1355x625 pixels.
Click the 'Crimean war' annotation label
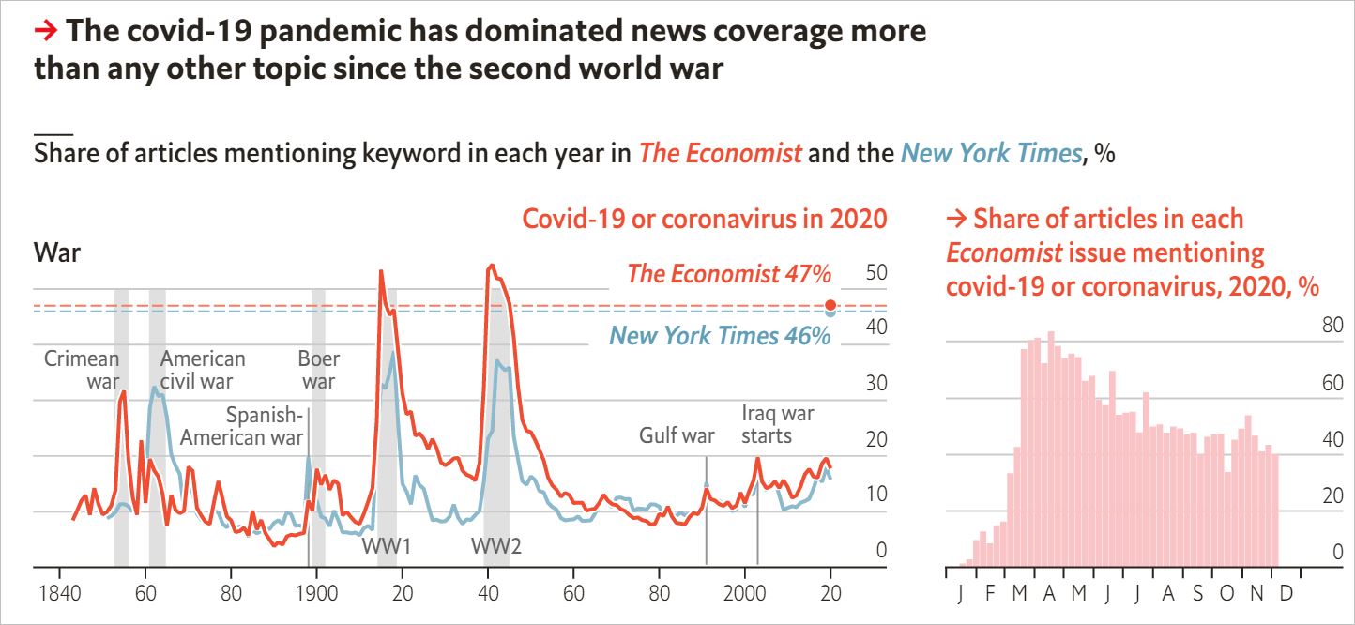(83, 370)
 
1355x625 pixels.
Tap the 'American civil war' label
(202, 370)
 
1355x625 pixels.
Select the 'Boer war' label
(319, 370)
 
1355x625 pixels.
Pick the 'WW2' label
(496, 547)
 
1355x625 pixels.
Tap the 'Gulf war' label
(677, 435)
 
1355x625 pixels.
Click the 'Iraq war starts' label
(778, 424)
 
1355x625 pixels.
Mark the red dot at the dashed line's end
(830, 305)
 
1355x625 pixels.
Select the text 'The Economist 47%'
(729, 275)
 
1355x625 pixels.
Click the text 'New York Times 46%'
(720, 336)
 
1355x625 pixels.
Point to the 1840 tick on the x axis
(59, 595)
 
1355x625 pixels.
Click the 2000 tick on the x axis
(746, 595)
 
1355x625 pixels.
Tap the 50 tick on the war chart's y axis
(875, 274)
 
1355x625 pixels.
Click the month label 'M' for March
(1020, 595)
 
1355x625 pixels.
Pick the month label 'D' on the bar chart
(1286, 595)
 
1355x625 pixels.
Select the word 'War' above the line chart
(57, 252)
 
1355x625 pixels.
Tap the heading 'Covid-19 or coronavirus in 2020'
(704, 219)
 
